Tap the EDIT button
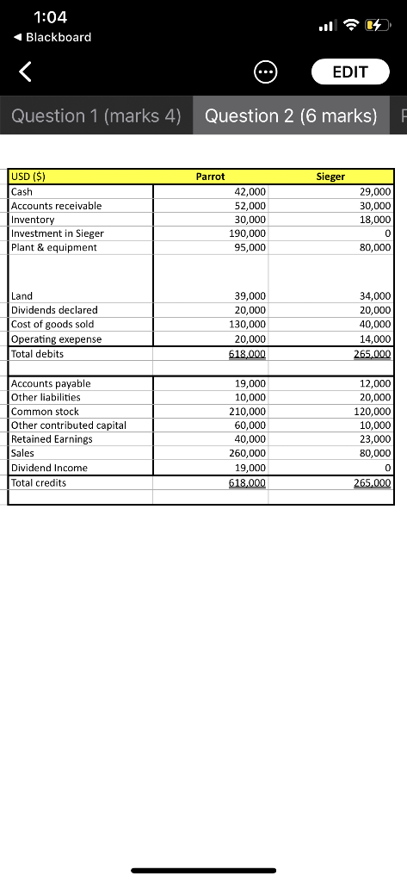(349, 71)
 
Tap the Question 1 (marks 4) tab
(96, 115)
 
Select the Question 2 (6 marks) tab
(291, 115)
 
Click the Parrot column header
(210, 177)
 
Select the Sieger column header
(330, 177)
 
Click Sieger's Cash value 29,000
(375, 191)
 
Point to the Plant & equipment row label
(54, 247)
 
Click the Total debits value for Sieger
(373, 353)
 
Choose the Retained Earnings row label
(52, 438)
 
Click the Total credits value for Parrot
(247, 483)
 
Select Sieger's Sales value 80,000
(375, 453)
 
